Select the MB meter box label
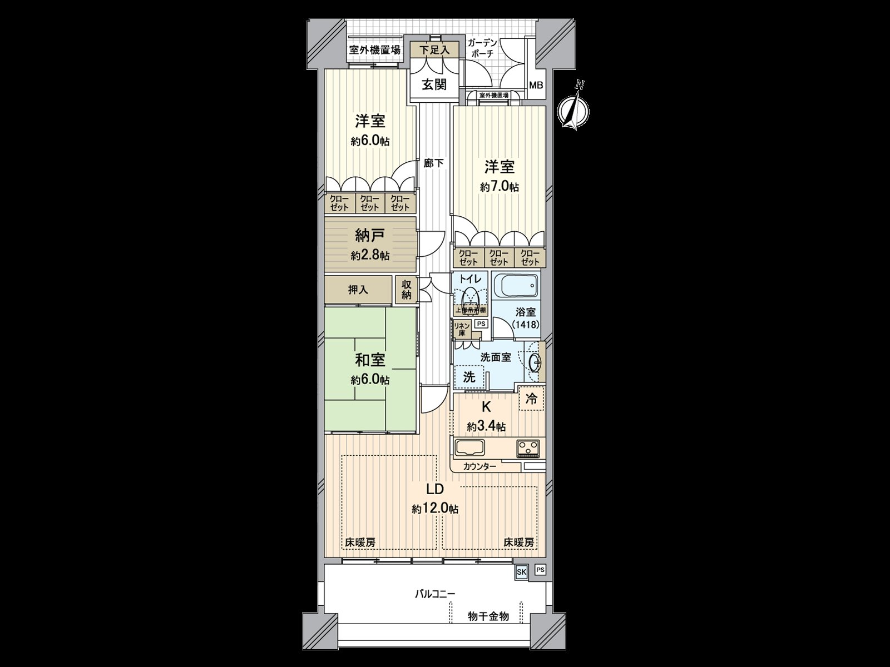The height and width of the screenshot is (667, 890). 536,86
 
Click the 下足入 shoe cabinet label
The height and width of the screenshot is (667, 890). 434,50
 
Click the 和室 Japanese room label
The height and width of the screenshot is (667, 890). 370,360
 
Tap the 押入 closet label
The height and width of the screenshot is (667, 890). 358,290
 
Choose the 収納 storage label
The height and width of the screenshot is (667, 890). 407,289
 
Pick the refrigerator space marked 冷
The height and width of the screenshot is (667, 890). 532,399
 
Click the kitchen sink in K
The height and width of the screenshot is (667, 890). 471,447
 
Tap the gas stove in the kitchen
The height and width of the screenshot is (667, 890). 529,447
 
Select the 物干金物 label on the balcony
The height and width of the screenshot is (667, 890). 488,616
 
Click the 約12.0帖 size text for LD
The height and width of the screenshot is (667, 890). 435,508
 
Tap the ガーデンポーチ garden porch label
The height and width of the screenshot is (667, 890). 482,48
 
